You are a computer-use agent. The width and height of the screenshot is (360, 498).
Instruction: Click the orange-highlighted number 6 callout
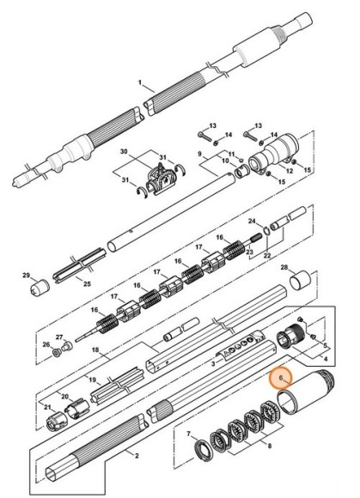pos(281,378)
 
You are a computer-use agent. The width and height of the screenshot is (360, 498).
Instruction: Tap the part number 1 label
pos(140,82)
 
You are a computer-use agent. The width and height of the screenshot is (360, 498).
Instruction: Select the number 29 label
pos(26,275)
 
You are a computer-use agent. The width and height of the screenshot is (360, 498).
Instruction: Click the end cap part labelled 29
pos(40,287)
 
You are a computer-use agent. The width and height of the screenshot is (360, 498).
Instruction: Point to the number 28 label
pos(284,267)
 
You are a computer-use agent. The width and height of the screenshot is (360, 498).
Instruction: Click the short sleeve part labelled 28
pos(300,281)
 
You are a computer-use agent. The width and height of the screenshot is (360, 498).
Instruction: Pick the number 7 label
pos(188,434)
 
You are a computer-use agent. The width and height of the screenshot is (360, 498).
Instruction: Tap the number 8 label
pos(270,446)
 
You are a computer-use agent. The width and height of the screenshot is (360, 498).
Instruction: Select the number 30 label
pos(124,151)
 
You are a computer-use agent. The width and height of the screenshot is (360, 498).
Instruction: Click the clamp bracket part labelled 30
pos(161,180)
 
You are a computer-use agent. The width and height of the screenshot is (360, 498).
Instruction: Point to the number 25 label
pos(87,283)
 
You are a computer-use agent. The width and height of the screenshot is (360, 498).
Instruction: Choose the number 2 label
pos(137,456)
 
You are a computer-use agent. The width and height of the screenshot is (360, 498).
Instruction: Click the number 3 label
pos(213,364)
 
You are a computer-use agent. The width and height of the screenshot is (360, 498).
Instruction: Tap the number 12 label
pos(290,171)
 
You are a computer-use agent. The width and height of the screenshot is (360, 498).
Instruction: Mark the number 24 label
pos(252,221)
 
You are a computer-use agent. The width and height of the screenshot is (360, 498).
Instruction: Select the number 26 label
pos(46,344)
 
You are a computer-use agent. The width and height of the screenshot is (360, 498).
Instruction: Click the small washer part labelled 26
pos(57,353)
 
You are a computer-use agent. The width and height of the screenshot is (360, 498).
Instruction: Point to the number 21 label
pos(47,407)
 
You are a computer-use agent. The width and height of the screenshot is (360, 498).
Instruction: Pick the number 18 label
pos(95,349)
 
